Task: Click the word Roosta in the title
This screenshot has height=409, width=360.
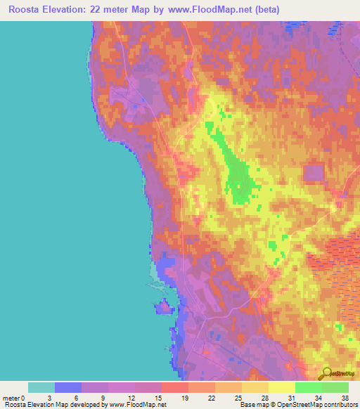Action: click(x=25, y=10)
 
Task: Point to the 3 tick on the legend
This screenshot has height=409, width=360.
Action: click(x=55, y=398)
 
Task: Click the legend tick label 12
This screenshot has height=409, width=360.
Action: click(x=135, y=398)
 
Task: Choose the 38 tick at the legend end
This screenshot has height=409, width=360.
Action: click(x=344, y=398)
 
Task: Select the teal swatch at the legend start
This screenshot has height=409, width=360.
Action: click(x=41, y=387)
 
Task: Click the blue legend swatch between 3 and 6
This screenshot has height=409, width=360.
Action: click(x=68, y=387)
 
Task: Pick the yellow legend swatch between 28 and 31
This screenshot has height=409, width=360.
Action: click(x=282, y=387)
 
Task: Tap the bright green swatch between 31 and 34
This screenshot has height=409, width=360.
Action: click(x=309, y=387)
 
